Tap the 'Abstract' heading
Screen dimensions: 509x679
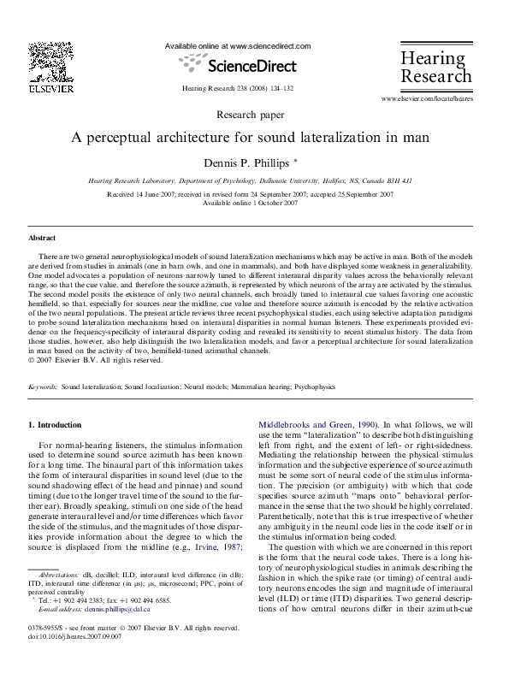point(42,238)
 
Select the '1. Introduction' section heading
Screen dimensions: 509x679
point(56,424)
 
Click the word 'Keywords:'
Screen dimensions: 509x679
point(42,387)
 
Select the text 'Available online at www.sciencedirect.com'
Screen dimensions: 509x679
point(237,45)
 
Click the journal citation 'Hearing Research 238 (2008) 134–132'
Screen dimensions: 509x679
point(238,88)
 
